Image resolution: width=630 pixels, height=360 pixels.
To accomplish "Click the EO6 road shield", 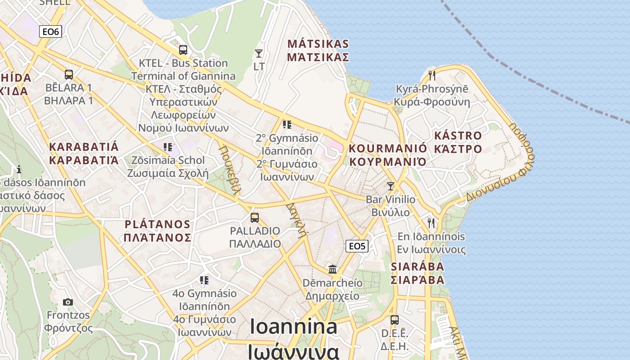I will (50, 31).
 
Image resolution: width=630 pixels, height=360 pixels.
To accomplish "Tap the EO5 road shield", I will (357, 246).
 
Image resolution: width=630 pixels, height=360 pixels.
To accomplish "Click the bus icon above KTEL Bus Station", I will (183, 50).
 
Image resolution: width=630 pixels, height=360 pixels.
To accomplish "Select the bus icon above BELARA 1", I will (69, 75).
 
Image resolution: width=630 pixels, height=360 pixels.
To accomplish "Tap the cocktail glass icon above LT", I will (259, 54).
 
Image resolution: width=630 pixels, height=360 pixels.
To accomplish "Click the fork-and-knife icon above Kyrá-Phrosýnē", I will (432, 75).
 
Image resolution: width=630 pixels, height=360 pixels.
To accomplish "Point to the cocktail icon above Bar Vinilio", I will (391, 186).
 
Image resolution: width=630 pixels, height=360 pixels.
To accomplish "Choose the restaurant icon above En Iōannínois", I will (431, 223).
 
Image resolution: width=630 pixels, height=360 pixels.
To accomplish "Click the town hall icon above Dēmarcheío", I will (333, 269).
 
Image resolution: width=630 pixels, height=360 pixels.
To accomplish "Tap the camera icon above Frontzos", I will (68, 302).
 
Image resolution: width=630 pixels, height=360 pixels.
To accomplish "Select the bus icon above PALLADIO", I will (255, 218).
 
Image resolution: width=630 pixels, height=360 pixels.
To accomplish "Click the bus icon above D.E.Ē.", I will (395, 320).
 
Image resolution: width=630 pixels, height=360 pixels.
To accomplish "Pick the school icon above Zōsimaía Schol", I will (168, 147).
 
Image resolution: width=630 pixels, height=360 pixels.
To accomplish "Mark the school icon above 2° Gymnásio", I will (287, 124).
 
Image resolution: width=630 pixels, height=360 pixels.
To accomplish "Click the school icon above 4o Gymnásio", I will (205, 280).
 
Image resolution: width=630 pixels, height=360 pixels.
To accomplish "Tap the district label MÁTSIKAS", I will (318, 44).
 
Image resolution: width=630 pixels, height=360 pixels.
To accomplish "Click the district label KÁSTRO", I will (458, 135).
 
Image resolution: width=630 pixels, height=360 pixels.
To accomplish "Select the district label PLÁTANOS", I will (157, 224).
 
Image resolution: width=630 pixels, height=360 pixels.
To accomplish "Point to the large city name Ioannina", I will (293, 327).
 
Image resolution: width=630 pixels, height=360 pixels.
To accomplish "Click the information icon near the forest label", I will (19, 169).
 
